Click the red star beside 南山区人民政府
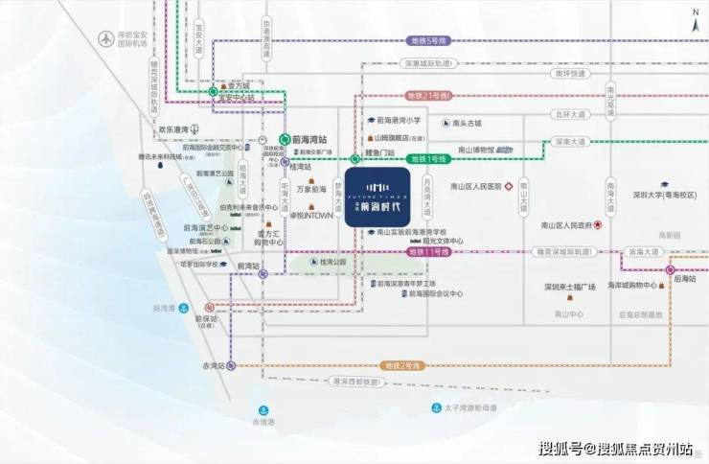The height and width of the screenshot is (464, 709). click(598, 225)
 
